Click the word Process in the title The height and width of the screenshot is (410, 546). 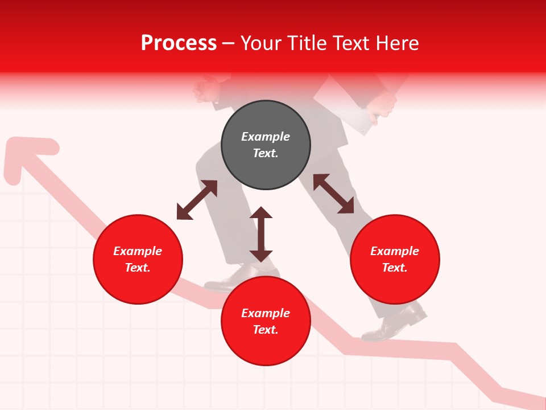(179, 43)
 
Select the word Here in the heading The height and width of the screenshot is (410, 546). (396, 43)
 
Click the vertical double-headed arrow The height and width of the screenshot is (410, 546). (261, 234)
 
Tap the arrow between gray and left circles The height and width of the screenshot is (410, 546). (197, 200)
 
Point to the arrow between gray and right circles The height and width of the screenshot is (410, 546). (333, 194)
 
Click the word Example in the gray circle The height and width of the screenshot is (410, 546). (266, 137)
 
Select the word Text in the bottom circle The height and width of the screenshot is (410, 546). (266, 330)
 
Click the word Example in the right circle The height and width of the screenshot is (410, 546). (395, 251)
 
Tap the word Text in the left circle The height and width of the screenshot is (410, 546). (138, 268)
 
